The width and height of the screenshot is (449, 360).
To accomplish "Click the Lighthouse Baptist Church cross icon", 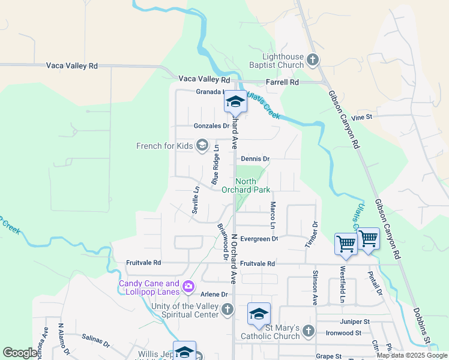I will pyautogui.click(x=313, y=59).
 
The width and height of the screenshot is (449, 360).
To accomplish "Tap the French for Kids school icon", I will pyautogui.click(x=202, y=145).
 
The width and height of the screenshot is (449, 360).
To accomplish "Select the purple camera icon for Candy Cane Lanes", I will pyautogui.click(x=188, y=287).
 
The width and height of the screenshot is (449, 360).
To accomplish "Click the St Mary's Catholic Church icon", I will pyautogui.click(x=308, y=331).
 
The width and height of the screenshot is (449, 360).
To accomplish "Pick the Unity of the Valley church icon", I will pyautogui.click(x=227, y=310).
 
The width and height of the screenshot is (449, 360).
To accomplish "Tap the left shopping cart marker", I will pyautogui.click(x=346, y=244).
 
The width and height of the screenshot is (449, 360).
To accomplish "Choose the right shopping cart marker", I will pyautogui.click(x=368, y=238).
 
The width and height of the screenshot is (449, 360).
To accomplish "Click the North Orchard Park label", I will pyautogui.click(x=246, y=185).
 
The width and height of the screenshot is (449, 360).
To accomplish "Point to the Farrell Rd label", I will pyautogui.click(x=285, y=82).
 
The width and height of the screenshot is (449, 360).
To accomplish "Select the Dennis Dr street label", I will pyautogui.click(x=256, y=159).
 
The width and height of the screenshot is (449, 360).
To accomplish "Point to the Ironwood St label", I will pyautogui.click(x=343, y=332).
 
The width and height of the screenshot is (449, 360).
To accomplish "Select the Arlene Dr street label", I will pyautogui.click(x=214, y=295).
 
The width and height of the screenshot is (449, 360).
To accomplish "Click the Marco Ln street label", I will pyautogui.click(x=273, y=215).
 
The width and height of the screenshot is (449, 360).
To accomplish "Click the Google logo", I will pyautogui.click(x=20, y=353).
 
